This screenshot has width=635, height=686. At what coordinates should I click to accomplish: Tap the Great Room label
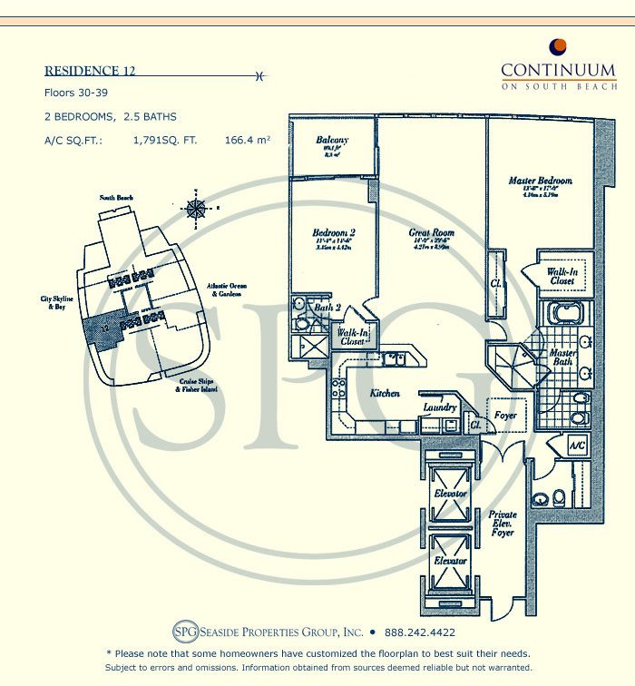pos(432,233)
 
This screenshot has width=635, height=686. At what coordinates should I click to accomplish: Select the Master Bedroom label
pos(541,181)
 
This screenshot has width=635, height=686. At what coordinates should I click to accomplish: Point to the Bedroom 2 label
pos(333,233)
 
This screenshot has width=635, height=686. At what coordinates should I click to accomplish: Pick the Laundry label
pos(439,408)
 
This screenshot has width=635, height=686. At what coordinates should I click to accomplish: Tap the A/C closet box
pos(577,446)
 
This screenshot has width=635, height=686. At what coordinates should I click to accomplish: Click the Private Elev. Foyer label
pos(502,524)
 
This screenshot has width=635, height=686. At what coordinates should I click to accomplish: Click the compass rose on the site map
pos(195,208)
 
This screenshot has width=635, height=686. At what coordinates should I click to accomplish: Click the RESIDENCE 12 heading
pos(90,71)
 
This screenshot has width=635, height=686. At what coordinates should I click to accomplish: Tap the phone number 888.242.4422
pos(419,632)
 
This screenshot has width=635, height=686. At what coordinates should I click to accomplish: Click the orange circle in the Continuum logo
pos(559,47)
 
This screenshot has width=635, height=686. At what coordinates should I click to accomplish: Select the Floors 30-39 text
pos(77,93)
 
